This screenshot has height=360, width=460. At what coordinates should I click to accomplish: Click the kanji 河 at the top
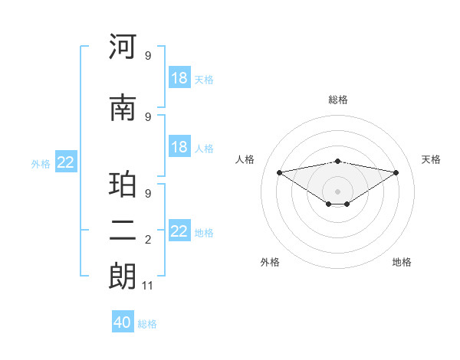coord(123,47)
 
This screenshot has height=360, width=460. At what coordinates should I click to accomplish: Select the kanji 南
coord(123,109)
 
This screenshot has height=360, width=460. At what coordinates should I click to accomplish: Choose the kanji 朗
coord(123,277)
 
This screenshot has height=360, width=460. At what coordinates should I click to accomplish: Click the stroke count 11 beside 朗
coord(148,286)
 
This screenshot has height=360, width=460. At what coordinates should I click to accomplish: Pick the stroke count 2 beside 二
coord(148,241)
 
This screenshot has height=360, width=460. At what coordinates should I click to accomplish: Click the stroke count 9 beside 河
coord(148,55)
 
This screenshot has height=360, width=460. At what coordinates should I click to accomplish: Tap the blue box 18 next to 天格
coord(179,78)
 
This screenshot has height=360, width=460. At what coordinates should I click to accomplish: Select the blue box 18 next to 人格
coord(179,147)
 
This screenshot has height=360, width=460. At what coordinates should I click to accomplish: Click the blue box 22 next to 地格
coord(179,231)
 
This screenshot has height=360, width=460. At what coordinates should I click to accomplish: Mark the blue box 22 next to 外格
coord(65,162)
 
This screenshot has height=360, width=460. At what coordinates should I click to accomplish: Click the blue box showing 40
coord(123,322)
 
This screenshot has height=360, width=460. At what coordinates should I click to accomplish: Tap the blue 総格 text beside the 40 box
coord(148,324)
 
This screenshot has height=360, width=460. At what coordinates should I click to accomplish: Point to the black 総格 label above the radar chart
coord(338,100)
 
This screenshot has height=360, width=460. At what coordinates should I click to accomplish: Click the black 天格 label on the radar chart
coord(431,159)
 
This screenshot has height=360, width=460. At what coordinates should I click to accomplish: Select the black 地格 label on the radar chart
coord(402,262)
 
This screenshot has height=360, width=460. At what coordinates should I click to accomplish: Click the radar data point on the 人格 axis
coord(279,172)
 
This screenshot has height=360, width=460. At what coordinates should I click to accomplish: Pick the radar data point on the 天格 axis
coord(396,172)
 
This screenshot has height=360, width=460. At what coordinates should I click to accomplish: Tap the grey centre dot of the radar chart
coord(337,191)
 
